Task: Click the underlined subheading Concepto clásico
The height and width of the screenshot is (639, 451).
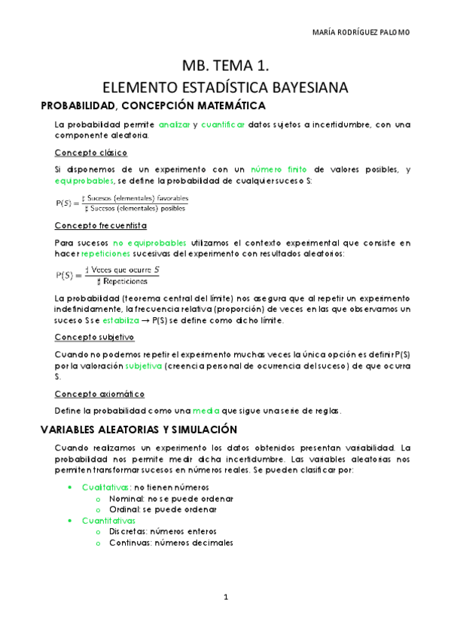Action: pos(86,152)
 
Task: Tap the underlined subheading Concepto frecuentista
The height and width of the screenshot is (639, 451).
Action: pos(100,225)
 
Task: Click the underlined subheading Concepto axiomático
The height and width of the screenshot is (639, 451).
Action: pos(99,394)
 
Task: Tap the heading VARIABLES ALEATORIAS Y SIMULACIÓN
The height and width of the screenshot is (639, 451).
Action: pos(139,430)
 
